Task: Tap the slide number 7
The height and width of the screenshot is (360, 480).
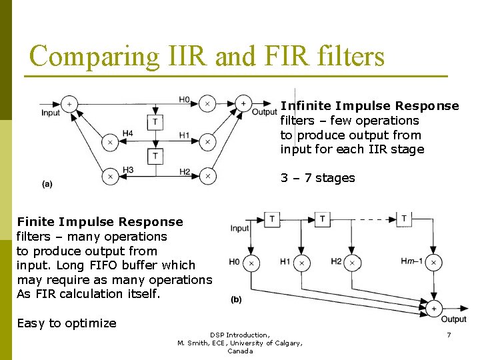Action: pos(449,335)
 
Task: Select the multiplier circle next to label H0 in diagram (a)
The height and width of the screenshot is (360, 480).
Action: pos(207,103)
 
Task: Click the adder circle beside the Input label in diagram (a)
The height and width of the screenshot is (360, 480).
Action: pos(69,103)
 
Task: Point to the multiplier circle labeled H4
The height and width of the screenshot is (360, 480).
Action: pos(109,141)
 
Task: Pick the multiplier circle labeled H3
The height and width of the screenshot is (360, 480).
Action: pos(109,176)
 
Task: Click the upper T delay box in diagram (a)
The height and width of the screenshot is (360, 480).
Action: pos(155,122)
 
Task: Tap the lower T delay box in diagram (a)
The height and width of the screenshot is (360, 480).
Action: pos(155,156)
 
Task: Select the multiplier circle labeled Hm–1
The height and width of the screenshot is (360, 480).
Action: pos(433,263)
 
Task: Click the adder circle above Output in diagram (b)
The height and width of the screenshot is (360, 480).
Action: pos(434,308)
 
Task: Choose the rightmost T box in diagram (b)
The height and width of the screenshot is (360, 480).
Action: pos(404,219)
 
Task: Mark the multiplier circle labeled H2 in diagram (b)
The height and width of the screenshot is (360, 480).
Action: pos(351,263)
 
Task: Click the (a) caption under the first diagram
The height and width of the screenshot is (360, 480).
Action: pos(47,183)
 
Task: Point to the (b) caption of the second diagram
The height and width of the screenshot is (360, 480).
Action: pos(236,299)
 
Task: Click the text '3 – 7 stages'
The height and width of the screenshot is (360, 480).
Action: pos(317,178)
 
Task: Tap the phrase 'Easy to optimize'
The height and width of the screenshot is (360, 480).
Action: pos(67,323)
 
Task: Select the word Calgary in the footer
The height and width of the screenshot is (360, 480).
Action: pos(279,343)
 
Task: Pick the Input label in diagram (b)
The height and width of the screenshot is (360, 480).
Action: pos(239,228)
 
